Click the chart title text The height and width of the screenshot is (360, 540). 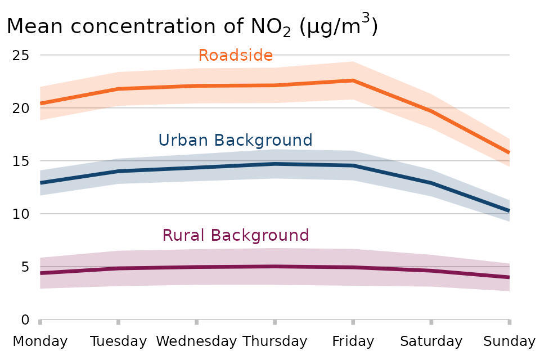(191, 26)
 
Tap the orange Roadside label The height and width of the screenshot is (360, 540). (235, 55)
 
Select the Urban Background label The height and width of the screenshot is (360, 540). (235, 139)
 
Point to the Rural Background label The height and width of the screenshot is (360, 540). (235, 235)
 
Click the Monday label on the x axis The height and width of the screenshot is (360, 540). (40, 341)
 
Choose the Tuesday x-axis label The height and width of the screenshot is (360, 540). (118, 341)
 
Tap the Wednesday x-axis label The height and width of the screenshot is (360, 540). (196, 341)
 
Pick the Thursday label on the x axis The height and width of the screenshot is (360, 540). (274, 341)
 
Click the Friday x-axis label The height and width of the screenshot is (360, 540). (353, 341)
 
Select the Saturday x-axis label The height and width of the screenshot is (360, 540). (431, 341)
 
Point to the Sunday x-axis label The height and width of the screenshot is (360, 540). (509, 341)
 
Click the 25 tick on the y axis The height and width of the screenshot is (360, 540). (22, 55)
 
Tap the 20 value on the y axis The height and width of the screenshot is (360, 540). (22, 108)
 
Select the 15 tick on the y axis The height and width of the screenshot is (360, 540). (22, 161)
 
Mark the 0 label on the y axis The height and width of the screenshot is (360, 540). (25, 319)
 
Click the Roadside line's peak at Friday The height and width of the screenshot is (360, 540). (353, 80)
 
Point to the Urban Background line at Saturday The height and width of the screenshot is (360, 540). (431, 183)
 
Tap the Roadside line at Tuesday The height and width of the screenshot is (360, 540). (118, 89)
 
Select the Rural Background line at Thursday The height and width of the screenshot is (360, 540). (274, 266)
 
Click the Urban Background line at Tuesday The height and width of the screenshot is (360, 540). (118, 171)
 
